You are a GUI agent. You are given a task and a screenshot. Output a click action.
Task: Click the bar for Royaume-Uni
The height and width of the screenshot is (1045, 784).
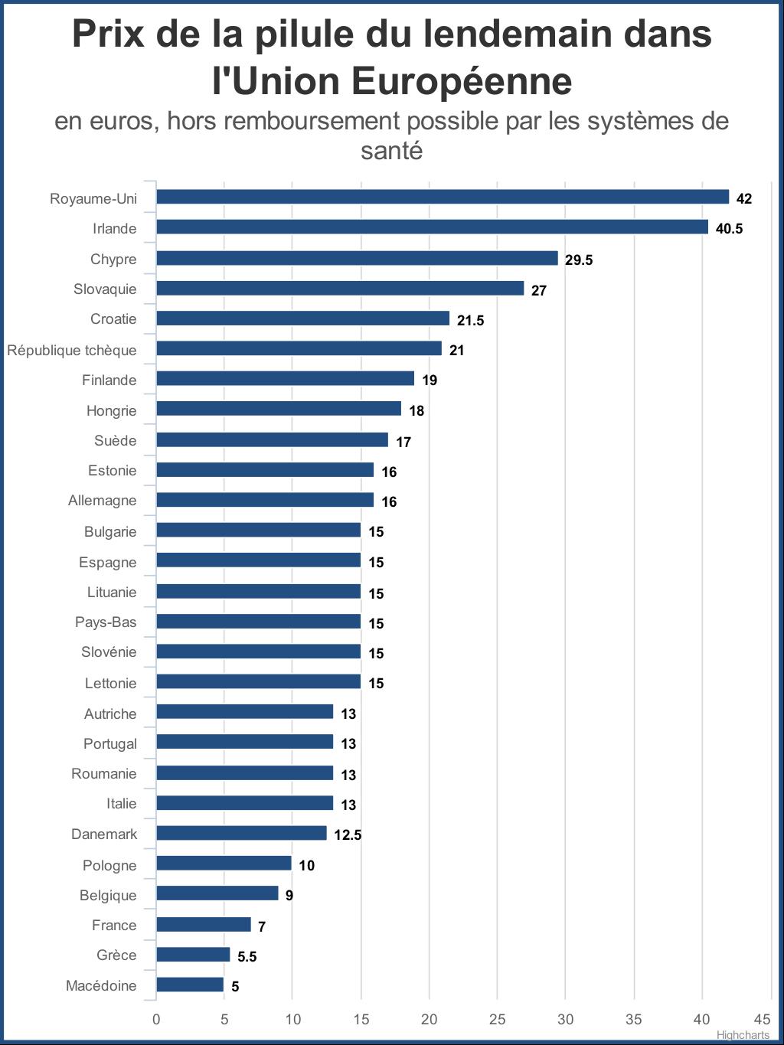[x=443, y=198]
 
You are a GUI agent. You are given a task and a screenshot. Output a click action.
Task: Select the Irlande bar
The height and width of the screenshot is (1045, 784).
[x=433, y=227]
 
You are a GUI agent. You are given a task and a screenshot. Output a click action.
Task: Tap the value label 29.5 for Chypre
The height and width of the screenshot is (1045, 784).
[x=579, y=260]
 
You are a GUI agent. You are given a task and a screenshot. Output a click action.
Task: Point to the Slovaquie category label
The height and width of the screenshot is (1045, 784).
[x=105, y=289]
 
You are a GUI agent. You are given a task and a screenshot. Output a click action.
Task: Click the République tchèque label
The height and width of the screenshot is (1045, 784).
[x=72, y=350]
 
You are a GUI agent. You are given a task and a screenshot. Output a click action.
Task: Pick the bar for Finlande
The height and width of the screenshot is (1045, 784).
[x=285, y=379]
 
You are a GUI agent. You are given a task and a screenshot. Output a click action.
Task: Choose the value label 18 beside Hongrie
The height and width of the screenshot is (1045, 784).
[x=416, y=410]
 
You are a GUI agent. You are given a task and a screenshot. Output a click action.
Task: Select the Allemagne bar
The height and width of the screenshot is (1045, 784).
[x=265, y=500]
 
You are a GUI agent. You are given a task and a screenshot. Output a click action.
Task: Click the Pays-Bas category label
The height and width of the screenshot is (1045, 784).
[x=106, y=622]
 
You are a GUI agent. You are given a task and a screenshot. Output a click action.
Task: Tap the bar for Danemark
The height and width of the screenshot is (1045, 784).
[x=241, y=833]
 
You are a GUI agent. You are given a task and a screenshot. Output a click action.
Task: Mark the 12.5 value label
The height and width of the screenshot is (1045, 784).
[x=348, y=834]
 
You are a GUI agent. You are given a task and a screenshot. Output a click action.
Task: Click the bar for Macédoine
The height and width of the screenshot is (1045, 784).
[x=190, y=985]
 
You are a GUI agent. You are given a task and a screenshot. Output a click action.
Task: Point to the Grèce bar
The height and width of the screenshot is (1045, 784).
[x=193, y=955]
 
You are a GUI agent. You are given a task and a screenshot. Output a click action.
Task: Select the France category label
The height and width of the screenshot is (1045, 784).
[x=114, y=925]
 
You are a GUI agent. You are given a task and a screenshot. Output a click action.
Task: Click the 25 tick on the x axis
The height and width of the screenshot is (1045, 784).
[x=498, y=1019]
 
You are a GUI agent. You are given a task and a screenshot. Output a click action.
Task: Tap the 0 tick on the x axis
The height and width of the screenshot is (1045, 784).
[x=156, y=1019]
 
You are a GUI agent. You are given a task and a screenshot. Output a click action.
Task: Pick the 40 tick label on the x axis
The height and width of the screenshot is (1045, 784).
[x=702, y=1019]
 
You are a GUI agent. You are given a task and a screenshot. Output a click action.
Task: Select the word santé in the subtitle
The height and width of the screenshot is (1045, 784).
[x=392, y=150]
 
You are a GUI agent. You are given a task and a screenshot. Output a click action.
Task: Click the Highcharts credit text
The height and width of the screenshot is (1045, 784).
[x=743, y=1035]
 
